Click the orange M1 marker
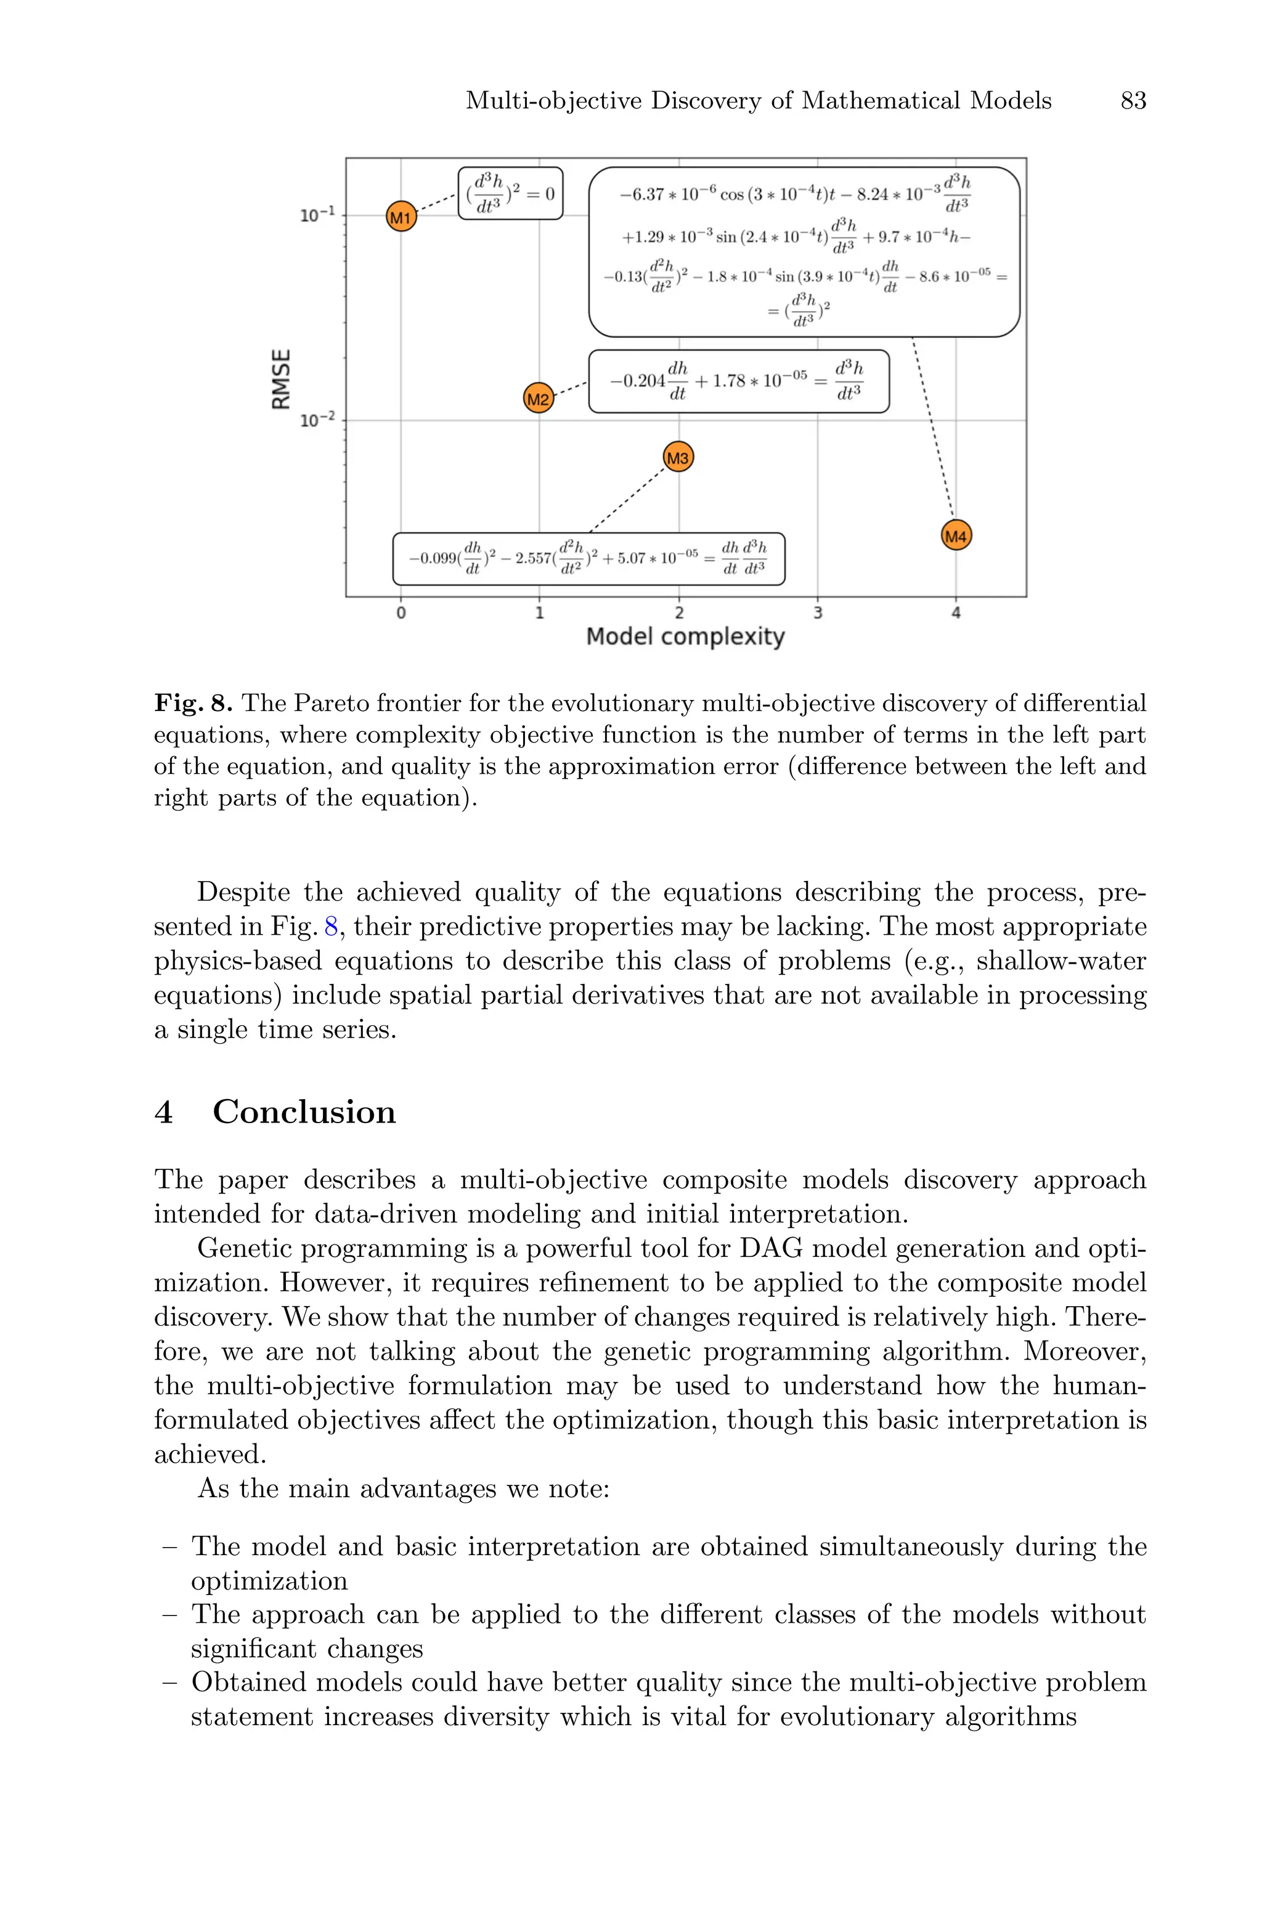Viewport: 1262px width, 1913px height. click(x=401, y=216)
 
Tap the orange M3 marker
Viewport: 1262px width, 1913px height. click(x=678, y=458)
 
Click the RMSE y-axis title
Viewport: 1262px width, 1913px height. click(x=281, y=379)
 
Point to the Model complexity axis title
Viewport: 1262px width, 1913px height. click(x=685, y=636)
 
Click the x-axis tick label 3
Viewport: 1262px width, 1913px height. click(x=818, y=613)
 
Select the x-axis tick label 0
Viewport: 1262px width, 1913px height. click(x=401, y=613)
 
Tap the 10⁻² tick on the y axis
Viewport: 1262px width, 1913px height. click(x=315, y=420)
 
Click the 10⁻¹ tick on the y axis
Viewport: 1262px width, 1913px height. click(x=315, y=216)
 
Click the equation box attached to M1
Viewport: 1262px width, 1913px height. click(x=510, y=193)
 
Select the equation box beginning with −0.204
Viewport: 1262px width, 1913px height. click(x=739, y=381)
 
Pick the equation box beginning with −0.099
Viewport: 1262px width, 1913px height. click(x=588, y=558)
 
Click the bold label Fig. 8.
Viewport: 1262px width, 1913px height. click(x=193, y=704)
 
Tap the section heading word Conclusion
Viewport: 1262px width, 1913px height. click(x=304, y=1112)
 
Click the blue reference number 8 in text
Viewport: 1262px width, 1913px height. click(x=330, y=927)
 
